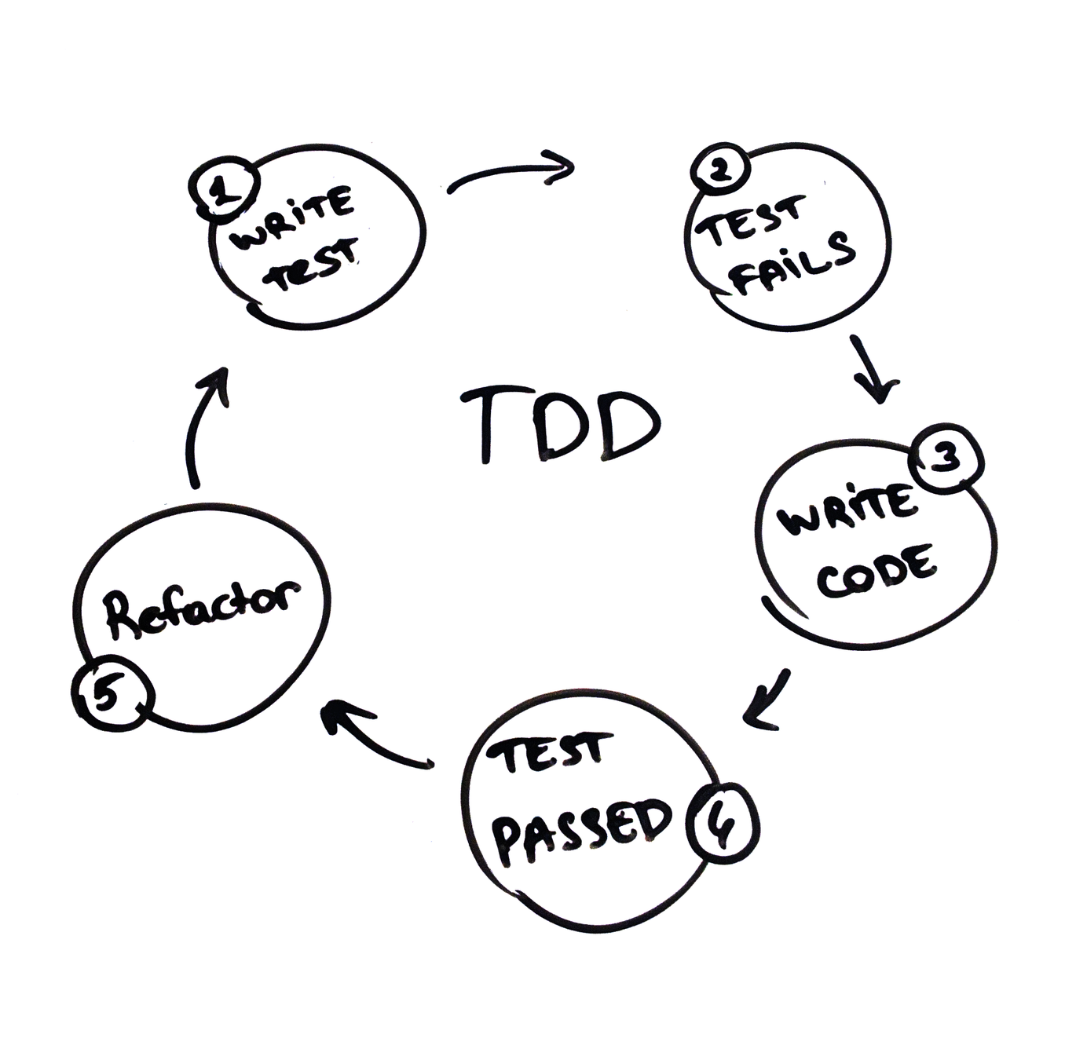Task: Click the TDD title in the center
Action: click(x=559, y=424)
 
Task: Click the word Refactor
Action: click(x=203, y=606)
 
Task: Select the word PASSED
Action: click(x=585, y=830)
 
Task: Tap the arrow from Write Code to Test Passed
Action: click(x=767, y=699)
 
